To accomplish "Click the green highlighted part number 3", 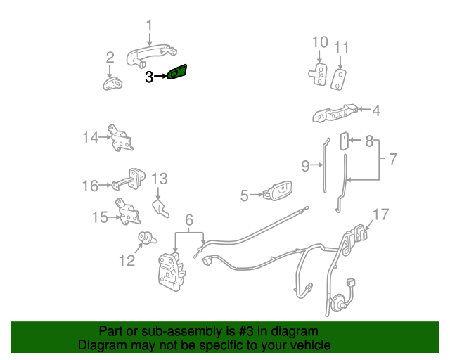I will pos(178,72).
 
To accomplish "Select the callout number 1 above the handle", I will pos(149,27).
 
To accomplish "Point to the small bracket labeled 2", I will pos(112,84).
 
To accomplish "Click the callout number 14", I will pos(90,138).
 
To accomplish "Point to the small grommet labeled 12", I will pos(146,238).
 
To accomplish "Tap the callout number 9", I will pos(305,167).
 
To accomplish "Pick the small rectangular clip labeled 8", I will pos(344,141).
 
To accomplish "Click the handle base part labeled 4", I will pos(335,112).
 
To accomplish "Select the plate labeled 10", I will pos(319,73).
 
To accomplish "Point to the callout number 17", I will pos(380,214).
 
